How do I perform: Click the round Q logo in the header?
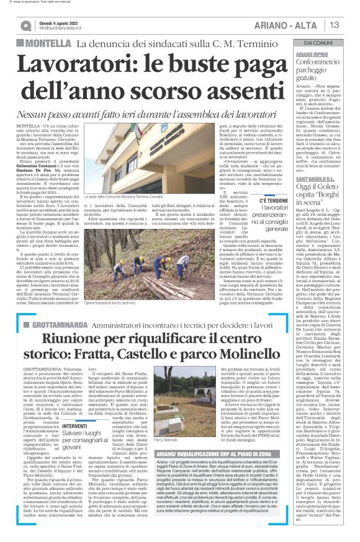click(25, 25)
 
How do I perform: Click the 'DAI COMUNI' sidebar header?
click(318, 42)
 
